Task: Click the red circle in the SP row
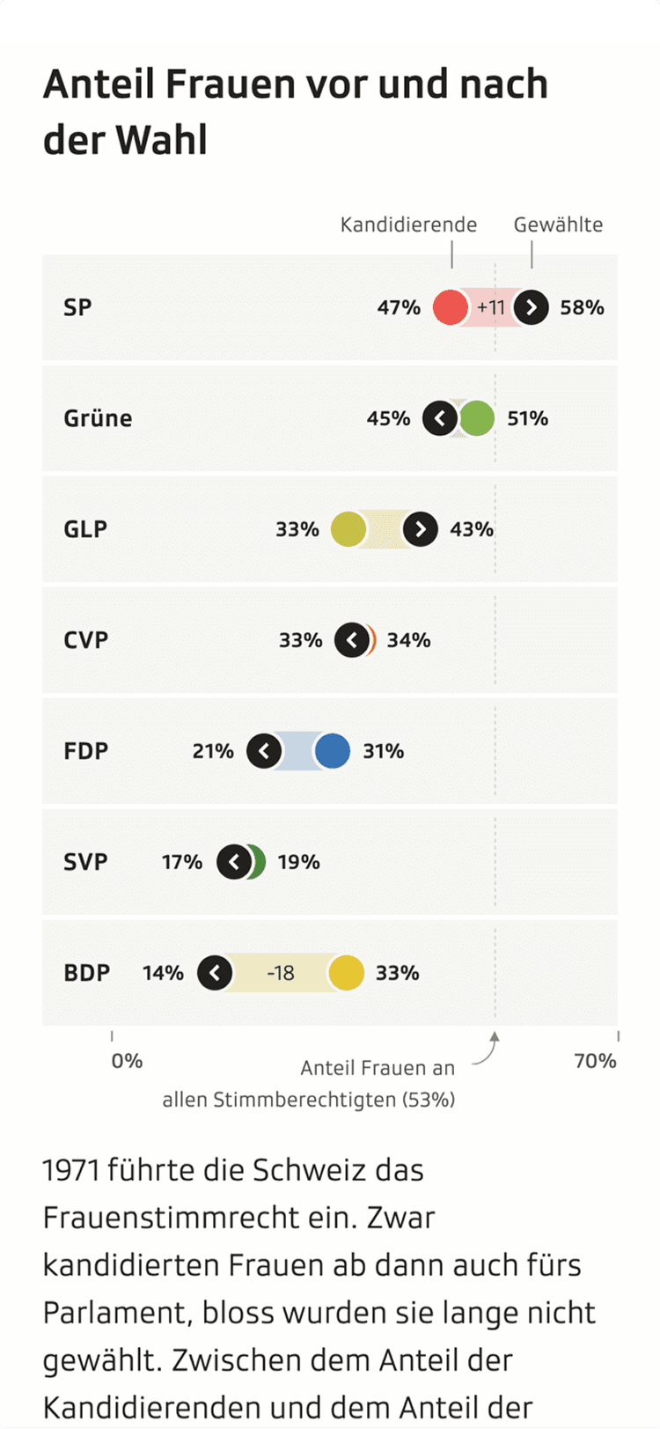click(451, 307)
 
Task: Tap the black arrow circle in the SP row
click(532, 307)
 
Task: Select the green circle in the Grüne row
click(477, 418)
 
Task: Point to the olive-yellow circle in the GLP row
click(348, 529)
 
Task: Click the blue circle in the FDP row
click(333, 751)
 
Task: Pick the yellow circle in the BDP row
click(347, 973)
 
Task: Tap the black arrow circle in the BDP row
click(215, 973)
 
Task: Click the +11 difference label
click(491, 307)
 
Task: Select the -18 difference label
click(281, 973)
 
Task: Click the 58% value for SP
click(583, 307)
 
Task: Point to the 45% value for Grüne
click(388, 418)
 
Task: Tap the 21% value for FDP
click(213, 751)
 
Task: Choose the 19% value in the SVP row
click(299, 862)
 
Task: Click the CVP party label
click(86, 640)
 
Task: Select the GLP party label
click(85, 529)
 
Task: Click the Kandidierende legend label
click(408, 225)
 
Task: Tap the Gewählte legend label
click(558, 225)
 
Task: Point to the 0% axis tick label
click(127, 1061)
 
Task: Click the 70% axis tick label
click(595, 1061)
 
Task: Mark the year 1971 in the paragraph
click(70, 1170)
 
